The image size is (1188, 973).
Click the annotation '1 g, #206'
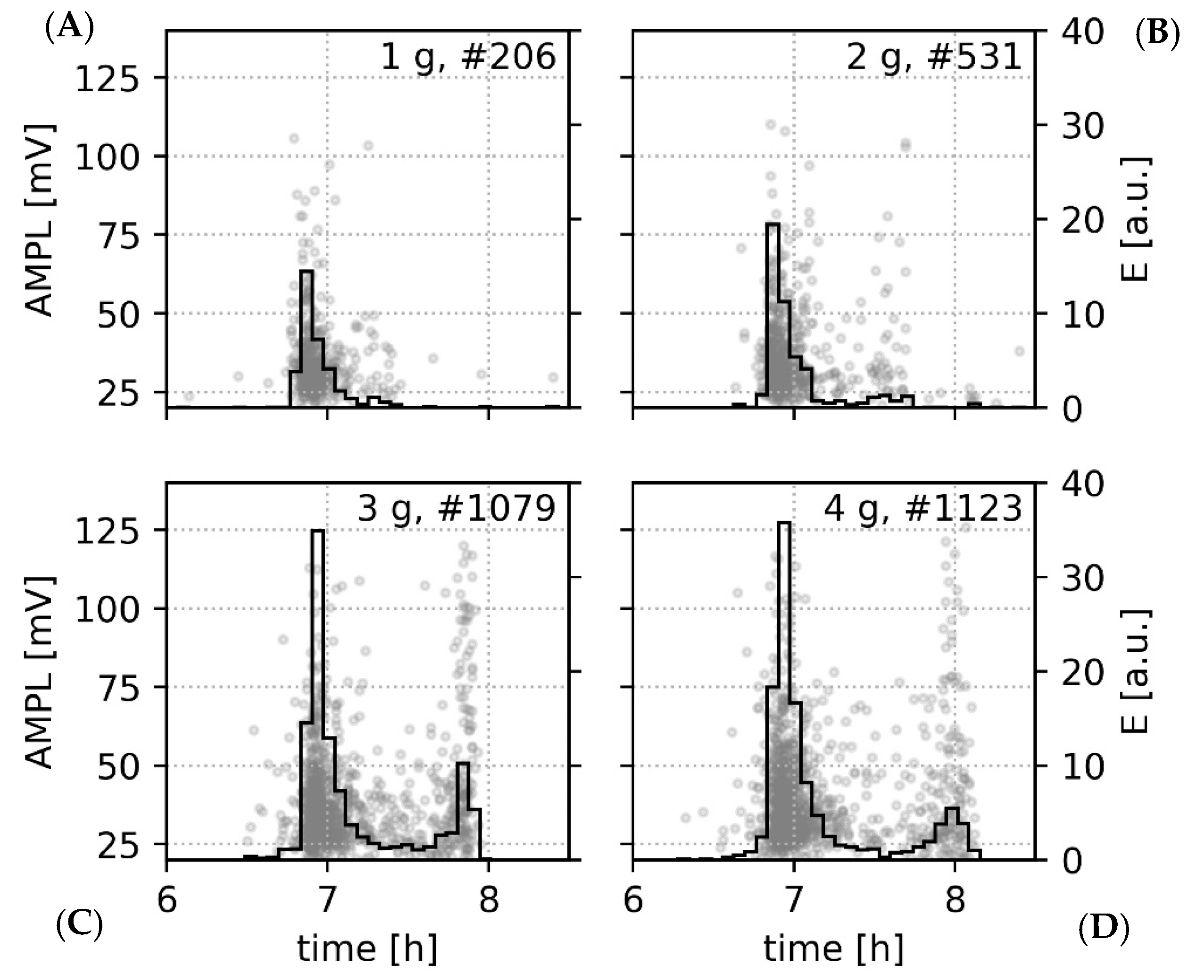[x=468, y=57]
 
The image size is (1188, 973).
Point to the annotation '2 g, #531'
[x=934, y=57]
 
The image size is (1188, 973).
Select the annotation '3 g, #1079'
[x=456, y=509]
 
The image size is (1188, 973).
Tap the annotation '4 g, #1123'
[x=923, y=509]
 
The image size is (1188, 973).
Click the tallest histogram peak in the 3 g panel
[x=318, y=531]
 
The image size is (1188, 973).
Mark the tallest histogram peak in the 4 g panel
[x=784, y=523]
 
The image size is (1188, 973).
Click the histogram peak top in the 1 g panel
[x=307, y=271]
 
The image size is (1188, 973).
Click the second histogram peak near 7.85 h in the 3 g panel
[x=463, y=763]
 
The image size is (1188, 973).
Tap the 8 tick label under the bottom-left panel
[x=489, y=902]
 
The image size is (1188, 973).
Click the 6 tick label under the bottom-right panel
[x=633, y=902]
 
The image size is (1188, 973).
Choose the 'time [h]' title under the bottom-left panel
[x=367, y=948]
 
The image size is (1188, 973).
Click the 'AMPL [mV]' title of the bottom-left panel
[x=41, y=673]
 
